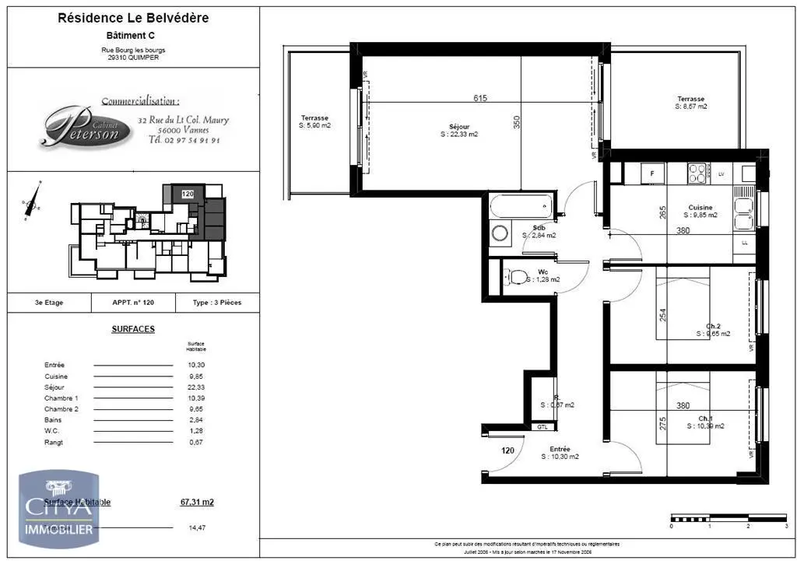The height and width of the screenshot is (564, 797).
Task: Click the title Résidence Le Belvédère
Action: click(x=133, y=18)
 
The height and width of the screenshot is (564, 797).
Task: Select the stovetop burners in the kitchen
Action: click(x=697, y=172)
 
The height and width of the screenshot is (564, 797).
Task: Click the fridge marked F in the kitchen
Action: click(x=651, y=172)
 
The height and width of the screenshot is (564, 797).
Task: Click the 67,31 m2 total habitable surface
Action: click(x=197, y=503)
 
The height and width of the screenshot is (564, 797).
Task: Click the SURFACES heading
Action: click(x=133, y=329)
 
